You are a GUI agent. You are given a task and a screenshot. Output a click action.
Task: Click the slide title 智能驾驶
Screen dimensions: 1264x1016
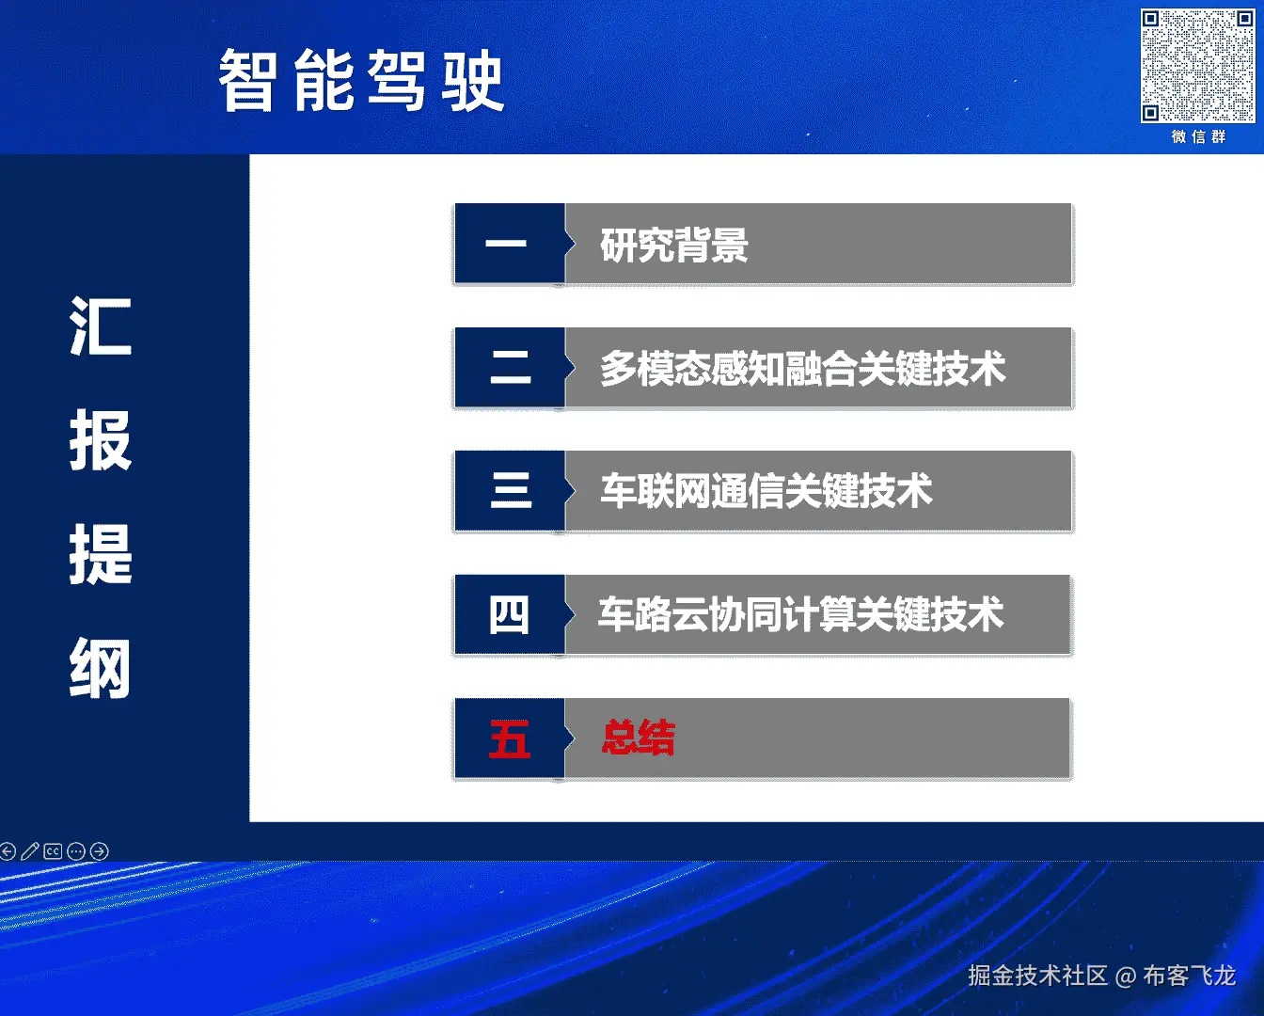click(361, 81)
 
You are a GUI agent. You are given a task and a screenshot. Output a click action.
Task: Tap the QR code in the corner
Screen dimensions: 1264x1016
click(1197, 66)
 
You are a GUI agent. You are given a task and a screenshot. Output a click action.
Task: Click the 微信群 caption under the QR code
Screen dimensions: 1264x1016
click(1198, 137)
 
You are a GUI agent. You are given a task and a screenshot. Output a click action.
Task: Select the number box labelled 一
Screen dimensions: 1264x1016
click(510, 244)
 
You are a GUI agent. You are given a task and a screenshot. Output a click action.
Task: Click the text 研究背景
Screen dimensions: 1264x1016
click(673, 245)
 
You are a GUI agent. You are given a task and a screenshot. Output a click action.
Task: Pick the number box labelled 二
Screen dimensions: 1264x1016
click(510, 367)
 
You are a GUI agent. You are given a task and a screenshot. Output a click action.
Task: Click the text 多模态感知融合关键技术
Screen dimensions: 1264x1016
click(802, 369)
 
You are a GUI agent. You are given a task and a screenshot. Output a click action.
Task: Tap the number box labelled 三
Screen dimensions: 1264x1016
click(510, 491)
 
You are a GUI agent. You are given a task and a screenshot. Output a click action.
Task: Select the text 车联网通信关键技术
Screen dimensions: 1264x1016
click(766, 491)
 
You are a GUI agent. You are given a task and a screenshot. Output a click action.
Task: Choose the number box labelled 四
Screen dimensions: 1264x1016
click(510, 614)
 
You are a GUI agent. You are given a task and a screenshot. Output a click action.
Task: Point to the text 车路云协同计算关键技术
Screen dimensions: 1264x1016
click(801, 614)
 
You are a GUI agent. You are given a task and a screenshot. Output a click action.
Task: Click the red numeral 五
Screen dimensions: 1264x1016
click(510, 738)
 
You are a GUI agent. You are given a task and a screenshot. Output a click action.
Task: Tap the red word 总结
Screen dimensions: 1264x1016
click(639, 738)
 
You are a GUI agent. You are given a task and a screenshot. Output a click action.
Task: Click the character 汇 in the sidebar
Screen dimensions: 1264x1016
click(101, 326)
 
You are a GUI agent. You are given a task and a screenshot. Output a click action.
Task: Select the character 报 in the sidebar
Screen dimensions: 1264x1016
click(101, 440)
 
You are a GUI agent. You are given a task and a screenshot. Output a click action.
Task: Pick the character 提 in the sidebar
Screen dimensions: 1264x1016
click(101, 555)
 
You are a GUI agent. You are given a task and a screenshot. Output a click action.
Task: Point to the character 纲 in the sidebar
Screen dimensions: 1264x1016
click(101, 669)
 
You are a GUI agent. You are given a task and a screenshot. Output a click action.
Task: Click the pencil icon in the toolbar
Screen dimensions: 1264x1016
click(30, 850)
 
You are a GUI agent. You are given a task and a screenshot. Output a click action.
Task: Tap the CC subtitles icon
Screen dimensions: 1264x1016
click(53, 850)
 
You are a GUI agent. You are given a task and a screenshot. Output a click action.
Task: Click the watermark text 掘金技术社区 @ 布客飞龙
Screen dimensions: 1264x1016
click(1102, 975)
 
